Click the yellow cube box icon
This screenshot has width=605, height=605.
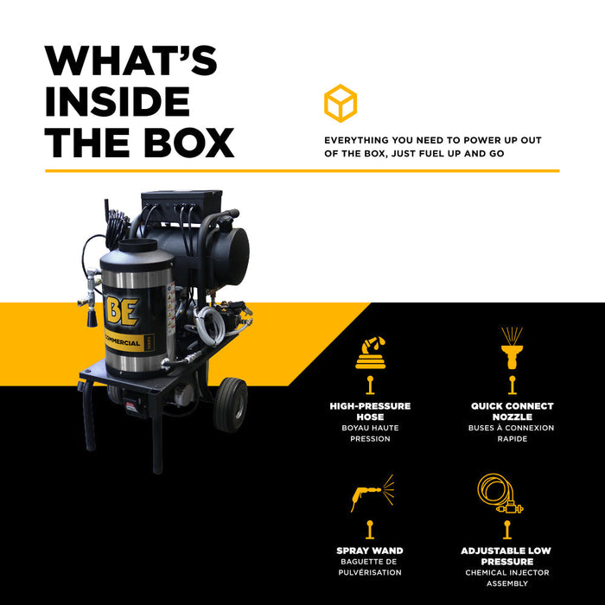tap(341, 104)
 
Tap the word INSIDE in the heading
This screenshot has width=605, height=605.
tap(118, 101)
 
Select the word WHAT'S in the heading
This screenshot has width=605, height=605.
tap(131, 60)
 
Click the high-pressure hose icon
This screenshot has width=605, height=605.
tap(371, 353)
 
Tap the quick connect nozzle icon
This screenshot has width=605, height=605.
tap(512, 348)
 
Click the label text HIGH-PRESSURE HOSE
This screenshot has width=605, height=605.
tap(370, 411)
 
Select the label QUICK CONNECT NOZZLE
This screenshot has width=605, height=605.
tap(512, 411)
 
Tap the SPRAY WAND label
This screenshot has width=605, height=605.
tap(370, 551)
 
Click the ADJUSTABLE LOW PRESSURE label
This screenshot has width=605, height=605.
tap(506, 556)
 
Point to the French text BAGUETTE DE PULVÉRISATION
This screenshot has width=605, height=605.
tap(370, 567)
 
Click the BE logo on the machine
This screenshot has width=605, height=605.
tap(121, 311)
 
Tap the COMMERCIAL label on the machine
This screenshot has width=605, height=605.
tap(123, 342)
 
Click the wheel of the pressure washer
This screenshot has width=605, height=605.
tap(231, 404)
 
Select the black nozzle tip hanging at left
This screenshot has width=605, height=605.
tap(92, 319)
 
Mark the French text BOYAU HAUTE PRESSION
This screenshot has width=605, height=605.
tap(370, 433)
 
